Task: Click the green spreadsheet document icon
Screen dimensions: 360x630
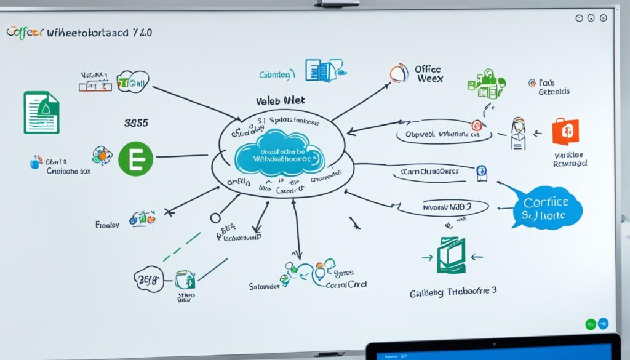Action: click(41, 112)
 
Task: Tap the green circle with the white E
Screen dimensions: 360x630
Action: click(135, 158)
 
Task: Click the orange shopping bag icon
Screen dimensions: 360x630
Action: click(566, 132)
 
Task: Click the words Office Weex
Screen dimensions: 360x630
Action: click(429, 74)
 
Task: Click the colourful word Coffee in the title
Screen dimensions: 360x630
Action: click(25, 33)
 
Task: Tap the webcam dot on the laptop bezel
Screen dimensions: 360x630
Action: click(492, 343)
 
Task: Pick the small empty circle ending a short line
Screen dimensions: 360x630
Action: click(215, 217)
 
